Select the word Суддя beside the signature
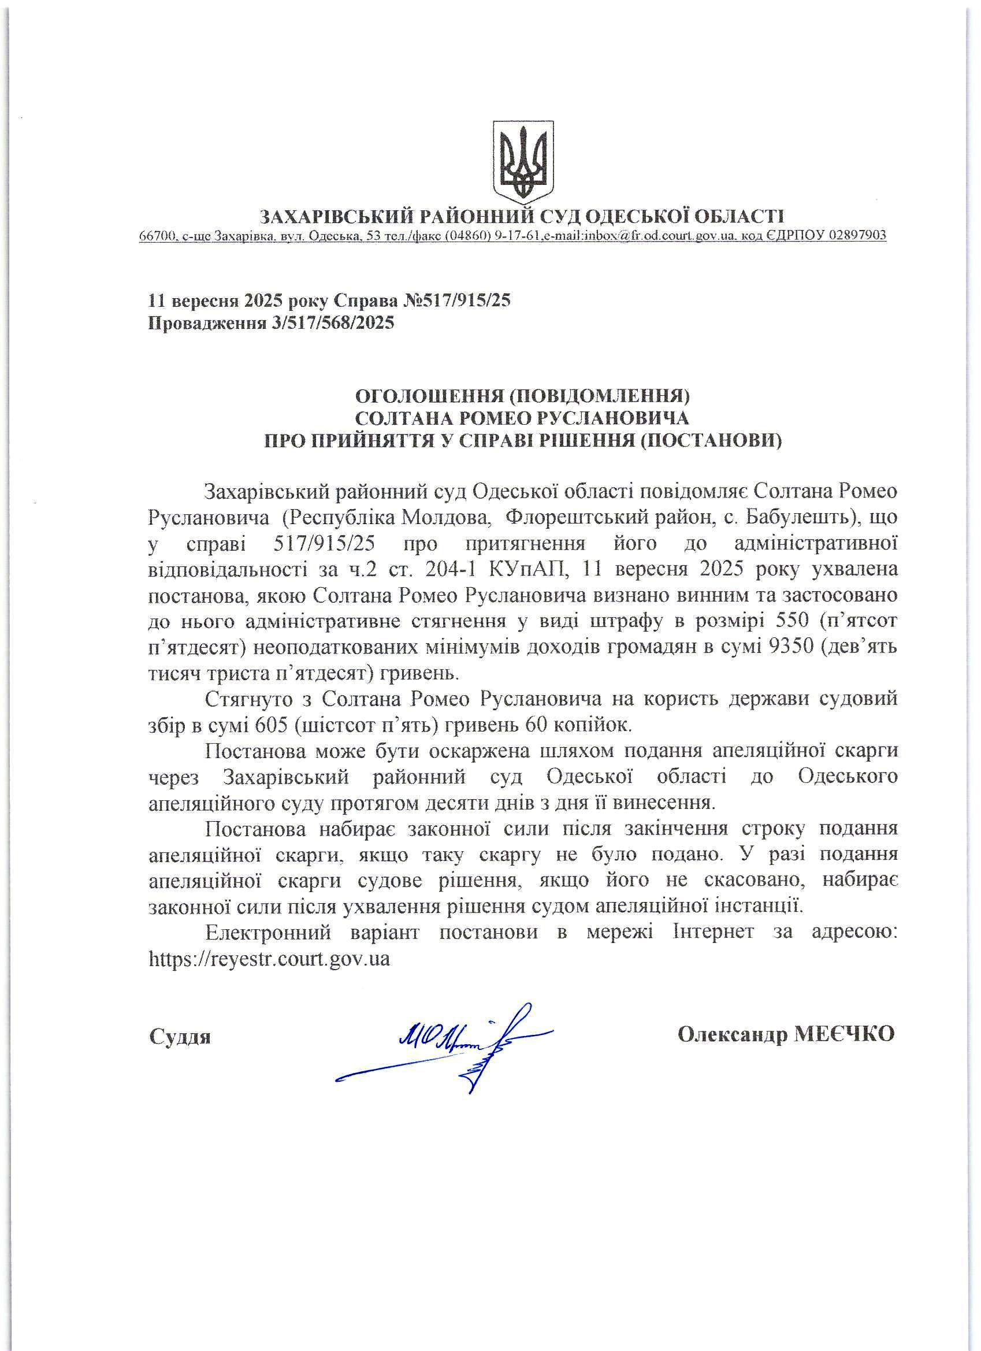click(180, 1037)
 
